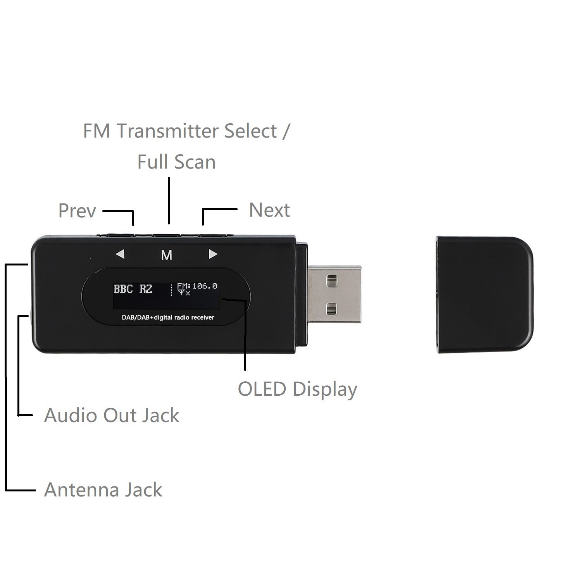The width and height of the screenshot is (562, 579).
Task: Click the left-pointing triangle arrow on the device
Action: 120,254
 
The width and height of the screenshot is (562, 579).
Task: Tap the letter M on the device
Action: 167,255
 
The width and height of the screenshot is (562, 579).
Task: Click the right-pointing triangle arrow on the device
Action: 213,254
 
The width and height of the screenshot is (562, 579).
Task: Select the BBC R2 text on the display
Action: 133,289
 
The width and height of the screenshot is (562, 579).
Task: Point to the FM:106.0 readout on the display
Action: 197,286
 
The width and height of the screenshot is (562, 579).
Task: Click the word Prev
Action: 77,211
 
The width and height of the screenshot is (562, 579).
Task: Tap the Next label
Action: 269,210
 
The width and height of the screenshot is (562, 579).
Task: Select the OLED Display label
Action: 297,389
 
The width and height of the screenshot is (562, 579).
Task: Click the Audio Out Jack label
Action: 112,415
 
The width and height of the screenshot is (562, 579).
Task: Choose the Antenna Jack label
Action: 103,490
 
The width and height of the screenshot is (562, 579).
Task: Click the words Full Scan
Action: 176,162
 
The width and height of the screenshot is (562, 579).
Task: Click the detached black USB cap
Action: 484,295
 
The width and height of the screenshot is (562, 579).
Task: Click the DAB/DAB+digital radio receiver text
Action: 168,317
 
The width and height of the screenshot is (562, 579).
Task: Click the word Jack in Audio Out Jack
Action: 160,415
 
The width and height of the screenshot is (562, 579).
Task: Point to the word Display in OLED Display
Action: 325,389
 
